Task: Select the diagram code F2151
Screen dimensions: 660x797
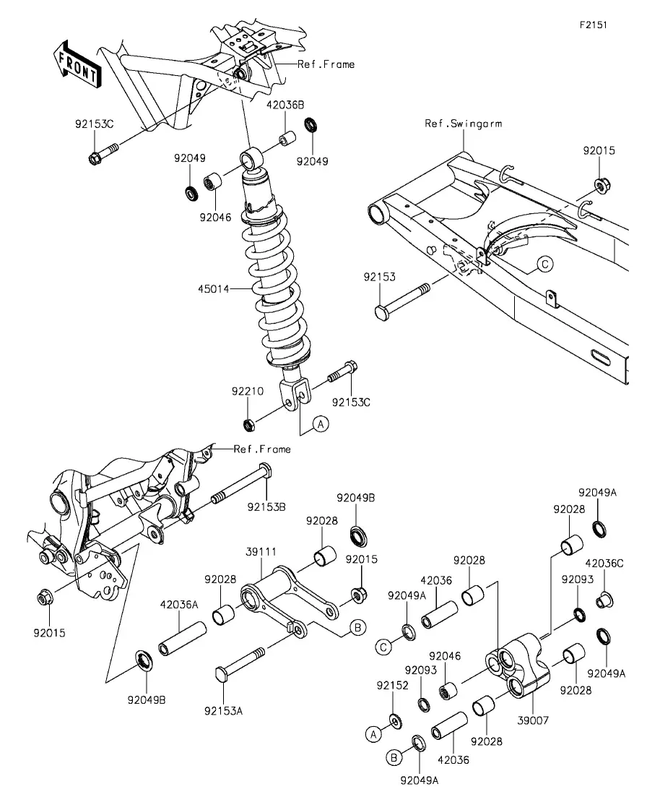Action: [x=594, y=25]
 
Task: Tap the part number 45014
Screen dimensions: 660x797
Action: [x=214, y=289]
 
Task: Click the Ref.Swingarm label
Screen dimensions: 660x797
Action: [x=464, y=124]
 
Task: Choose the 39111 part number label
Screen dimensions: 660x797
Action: [x=261, y=551]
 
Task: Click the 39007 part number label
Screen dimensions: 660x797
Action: [x=533, y=720]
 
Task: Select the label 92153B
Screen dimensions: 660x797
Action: [x=266, y=507]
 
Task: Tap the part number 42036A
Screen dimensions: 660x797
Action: [x=179, y=605]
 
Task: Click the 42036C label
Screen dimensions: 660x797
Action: [x=604, y=563]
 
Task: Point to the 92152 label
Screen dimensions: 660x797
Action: [x=392, y=685]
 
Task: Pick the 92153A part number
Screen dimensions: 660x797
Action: [x=224, y=711]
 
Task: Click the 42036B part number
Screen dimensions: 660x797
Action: [x=285, y=105]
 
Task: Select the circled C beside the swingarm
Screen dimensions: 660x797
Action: [x=544, y=264]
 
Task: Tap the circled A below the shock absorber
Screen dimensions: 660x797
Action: [x=321, y=423]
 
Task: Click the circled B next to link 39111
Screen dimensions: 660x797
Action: [x=357, y=628]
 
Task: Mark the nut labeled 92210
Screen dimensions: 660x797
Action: [x=248, y=424]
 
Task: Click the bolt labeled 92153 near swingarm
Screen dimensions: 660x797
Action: [x=402, y=300]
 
